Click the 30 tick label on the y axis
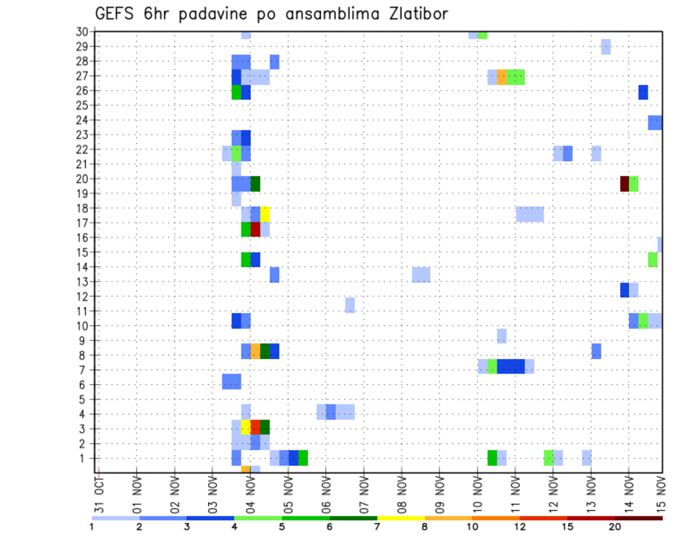[82, 32]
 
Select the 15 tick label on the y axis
[82, 252]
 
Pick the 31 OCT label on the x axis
[99, 494]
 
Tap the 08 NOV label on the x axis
[401, 494]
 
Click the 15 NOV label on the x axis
[660, 494]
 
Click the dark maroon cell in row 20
[625, 183]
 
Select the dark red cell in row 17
[255, 229]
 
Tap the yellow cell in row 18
[265, 214]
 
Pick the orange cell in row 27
[502, 77]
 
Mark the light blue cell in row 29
[606, 46]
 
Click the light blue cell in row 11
[350, 304]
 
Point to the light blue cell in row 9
[502, 336]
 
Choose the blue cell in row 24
[655, 123]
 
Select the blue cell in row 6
[231, 381]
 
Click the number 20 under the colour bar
[615, 527]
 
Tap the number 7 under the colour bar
[377, 527]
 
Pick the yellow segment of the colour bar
[400, 518]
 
